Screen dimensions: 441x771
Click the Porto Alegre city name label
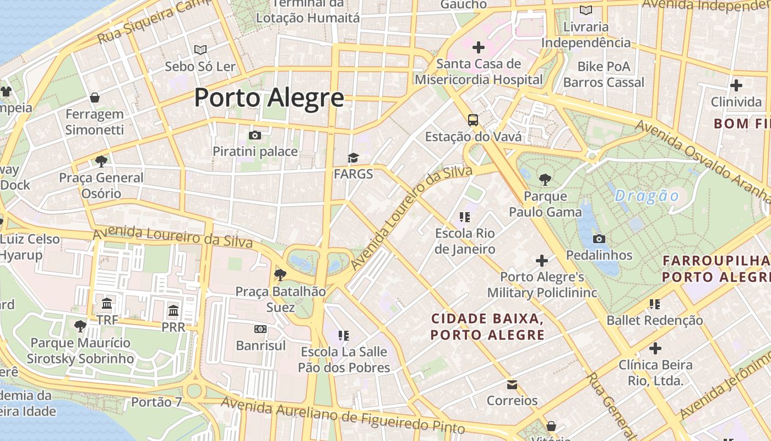269,98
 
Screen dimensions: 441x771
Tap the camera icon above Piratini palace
254,135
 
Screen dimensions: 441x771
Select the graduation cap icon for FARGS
353,158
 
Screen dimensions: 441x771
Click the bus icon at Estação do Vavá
473,120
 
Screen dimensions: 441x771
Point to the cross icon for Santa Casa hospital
478,47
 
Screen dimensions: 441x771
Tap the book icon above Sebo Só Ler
200,50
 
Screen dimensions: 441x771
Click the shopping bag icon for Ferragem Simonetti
95,98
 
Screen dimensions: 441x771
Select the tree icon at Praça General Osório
101,161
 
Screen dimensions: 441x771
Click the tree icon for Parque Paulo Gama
545,179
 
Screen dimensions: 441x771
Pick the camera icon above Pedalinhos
599,239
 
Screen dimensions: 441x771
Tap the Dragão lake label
647,196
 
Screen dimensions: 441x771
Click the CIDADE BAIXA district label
487,326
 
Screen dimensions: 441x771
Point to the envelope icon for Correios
512,384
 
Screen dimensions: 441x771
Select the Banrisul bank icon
260,329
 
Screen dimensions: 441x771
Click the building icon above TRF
107,304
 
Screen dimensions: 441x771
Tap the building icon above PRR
173,310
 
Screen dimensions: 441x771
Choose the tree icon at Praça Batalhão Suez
280,275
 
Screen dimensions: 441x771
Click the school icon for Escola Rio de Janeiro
465,217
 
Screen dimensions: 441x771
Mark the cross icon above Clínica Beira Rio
655,348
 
